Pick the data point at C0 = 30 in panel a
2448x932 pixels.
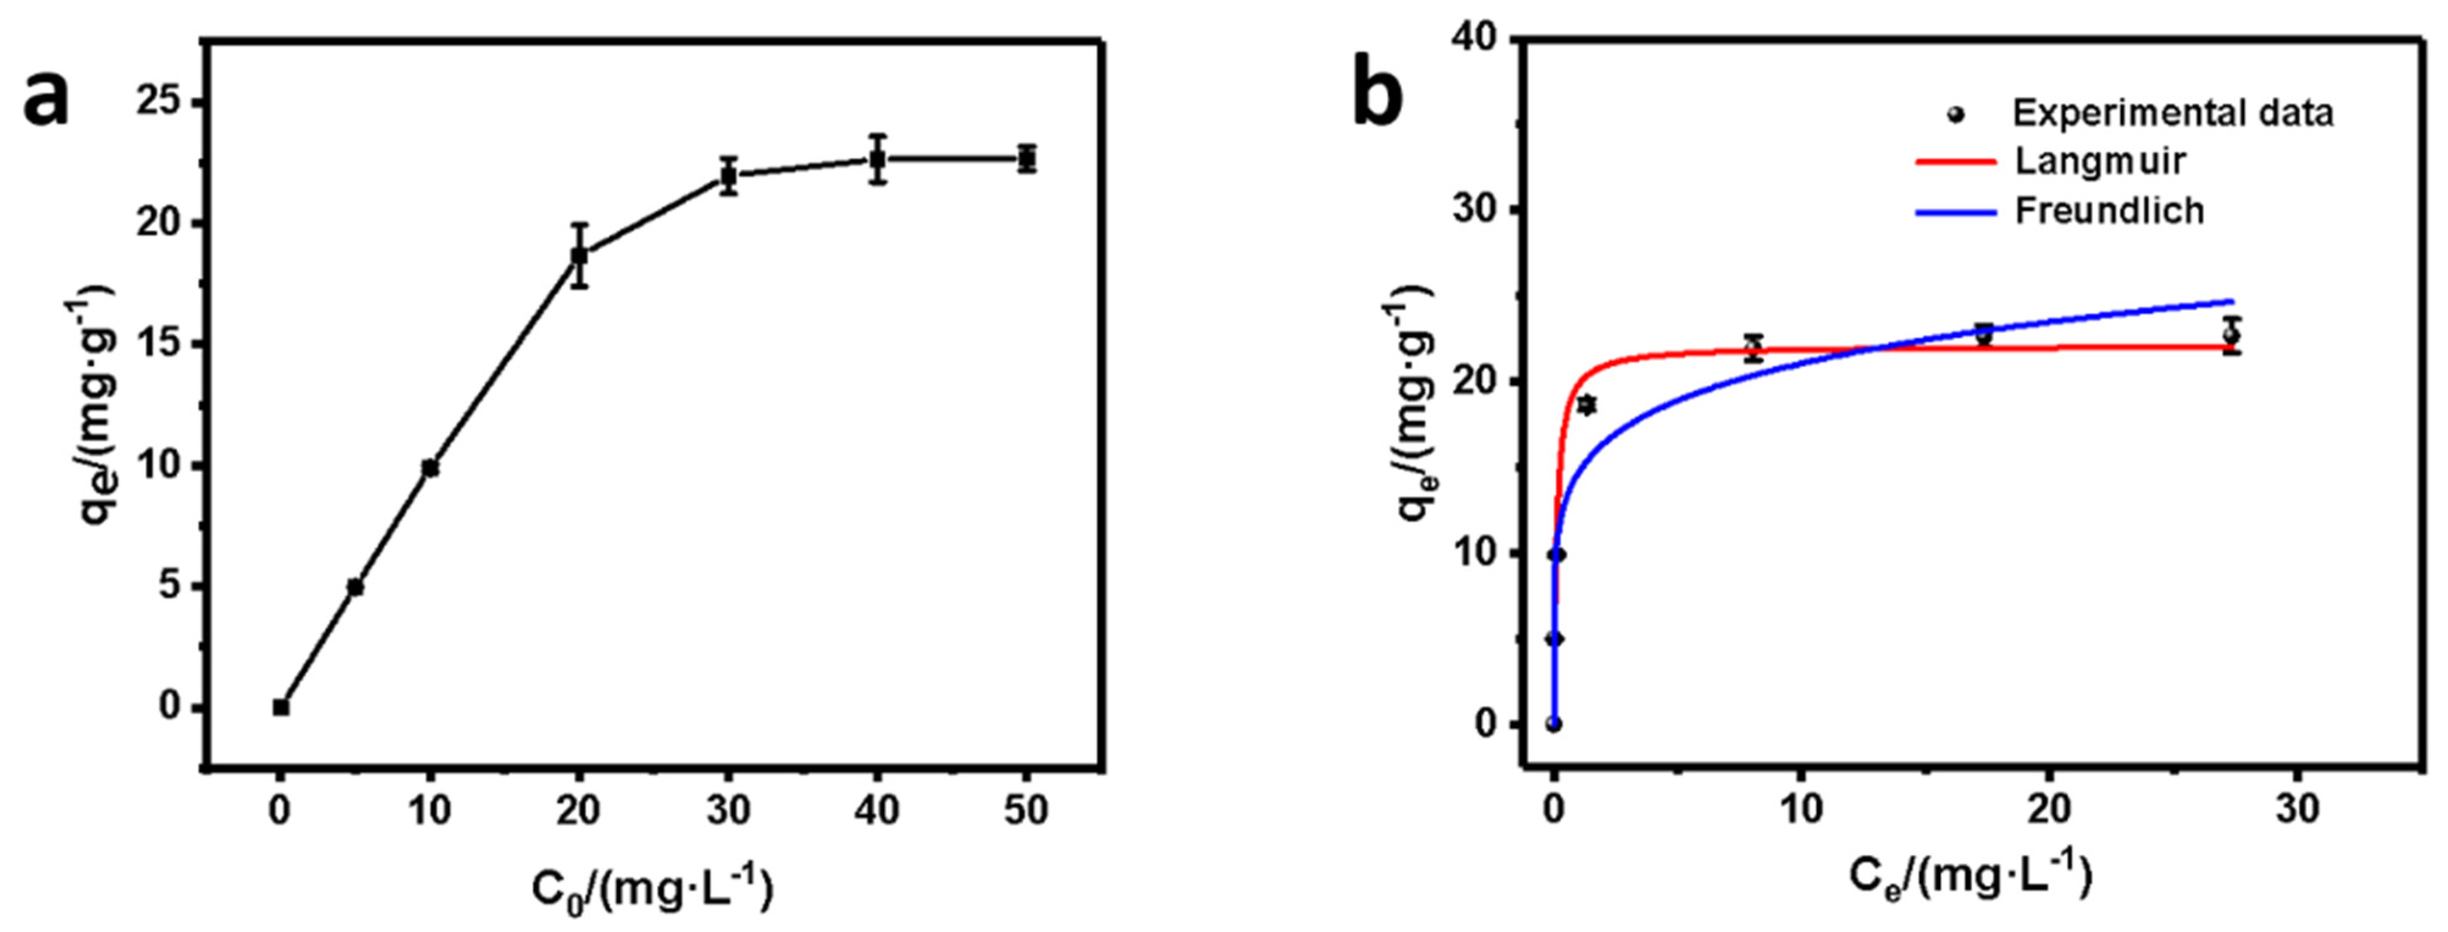729,176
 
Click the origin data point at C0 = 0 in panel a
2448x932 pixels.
280,707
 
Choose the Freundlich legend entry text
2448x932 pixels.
2110,210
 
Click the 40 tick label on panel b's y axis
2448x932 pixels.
1472,38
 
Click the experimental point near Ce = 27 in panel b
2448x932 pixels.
2231,334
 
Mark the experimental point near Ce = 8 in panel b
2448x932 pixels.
1753,349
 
